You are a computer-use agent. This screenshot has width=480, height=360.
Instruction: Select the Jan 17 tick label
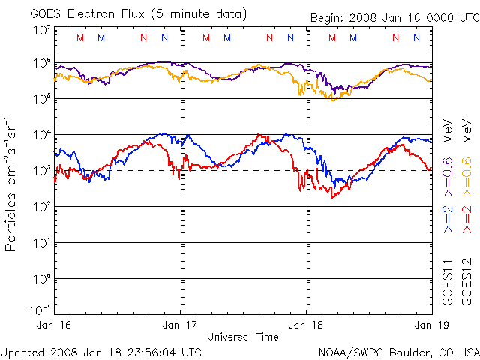point(181,325)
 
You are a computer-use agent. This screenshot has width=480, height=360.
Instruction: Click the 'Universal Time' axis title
point(242,337)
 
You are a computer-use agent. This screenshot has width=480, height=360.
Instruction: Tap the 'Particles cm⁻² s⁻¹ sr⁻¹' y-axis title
point(11,184)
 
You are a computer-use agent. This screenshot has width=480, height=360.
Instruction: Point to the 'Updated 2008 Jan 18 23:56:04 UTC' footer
point(101,352)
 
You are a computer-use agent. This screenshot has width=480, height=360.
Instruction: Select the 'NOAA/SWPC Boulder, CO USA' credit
point(398,352)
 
